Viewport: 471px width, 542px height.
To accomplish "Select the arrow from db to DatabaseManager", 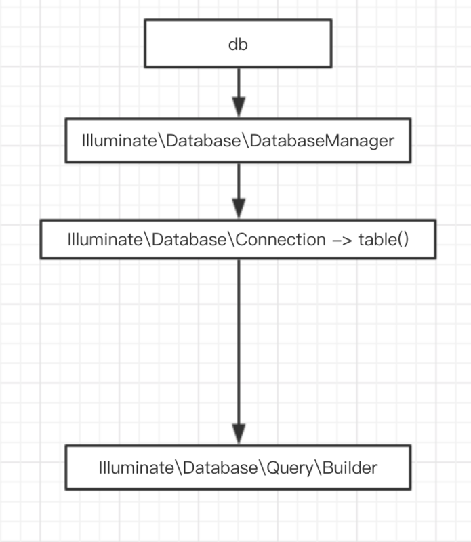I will (237, 85).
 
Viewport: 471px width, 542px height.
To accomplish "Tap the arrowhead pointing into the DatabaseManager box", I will (237, 108).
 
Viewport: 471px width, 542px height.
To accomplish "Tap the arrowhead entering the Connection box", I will (237, 207).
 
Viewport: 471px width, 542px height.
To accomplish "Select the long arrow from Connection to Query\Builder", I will (237, 339).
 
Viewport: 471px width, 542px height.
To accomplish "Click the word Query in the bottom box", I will (287, 467).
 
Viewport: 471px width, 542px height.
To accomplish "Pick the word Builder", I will (351, 467).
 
